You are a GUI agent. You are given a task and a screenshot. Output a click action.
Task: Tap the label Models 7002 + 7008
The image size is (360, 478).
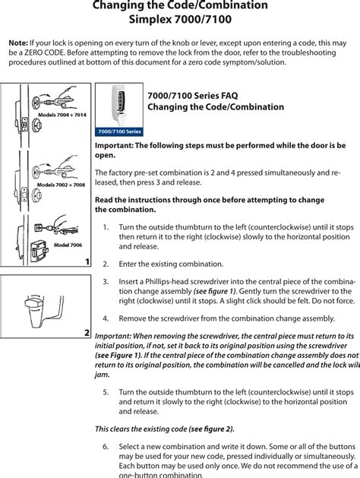pos(61,185)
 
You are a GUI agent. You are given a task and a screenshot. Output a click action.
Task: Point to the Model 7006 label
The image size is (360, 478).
pos(68,244)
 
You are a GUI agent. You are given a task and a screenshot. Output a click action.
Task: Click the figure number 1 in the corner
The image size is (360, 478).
pos(87,261)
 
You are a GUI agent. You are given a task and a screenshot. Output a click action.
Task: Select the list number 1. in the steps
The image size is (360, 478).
pos(106,226)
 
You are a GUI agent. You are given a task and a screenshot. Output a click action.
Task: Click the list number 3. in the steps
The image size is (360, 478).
pos(106,281)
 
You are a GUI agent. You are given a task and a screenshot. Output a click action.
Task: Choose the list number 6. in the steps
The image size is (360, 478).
pos(106,446)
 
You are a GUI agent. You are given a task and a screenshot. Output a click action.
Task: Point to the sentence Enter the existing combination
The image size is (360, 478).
pos(171,264)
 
